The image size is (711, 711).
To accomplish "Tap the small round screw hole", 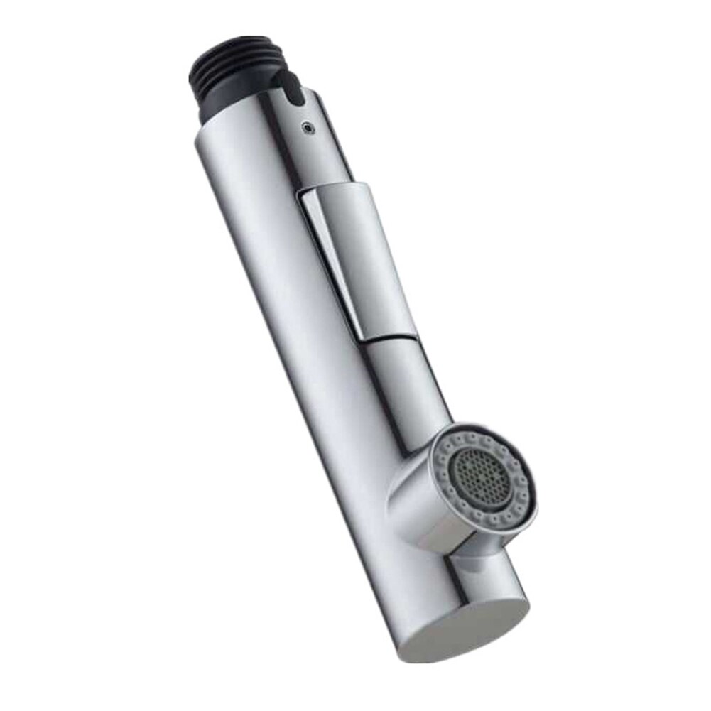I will (306, 128).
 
